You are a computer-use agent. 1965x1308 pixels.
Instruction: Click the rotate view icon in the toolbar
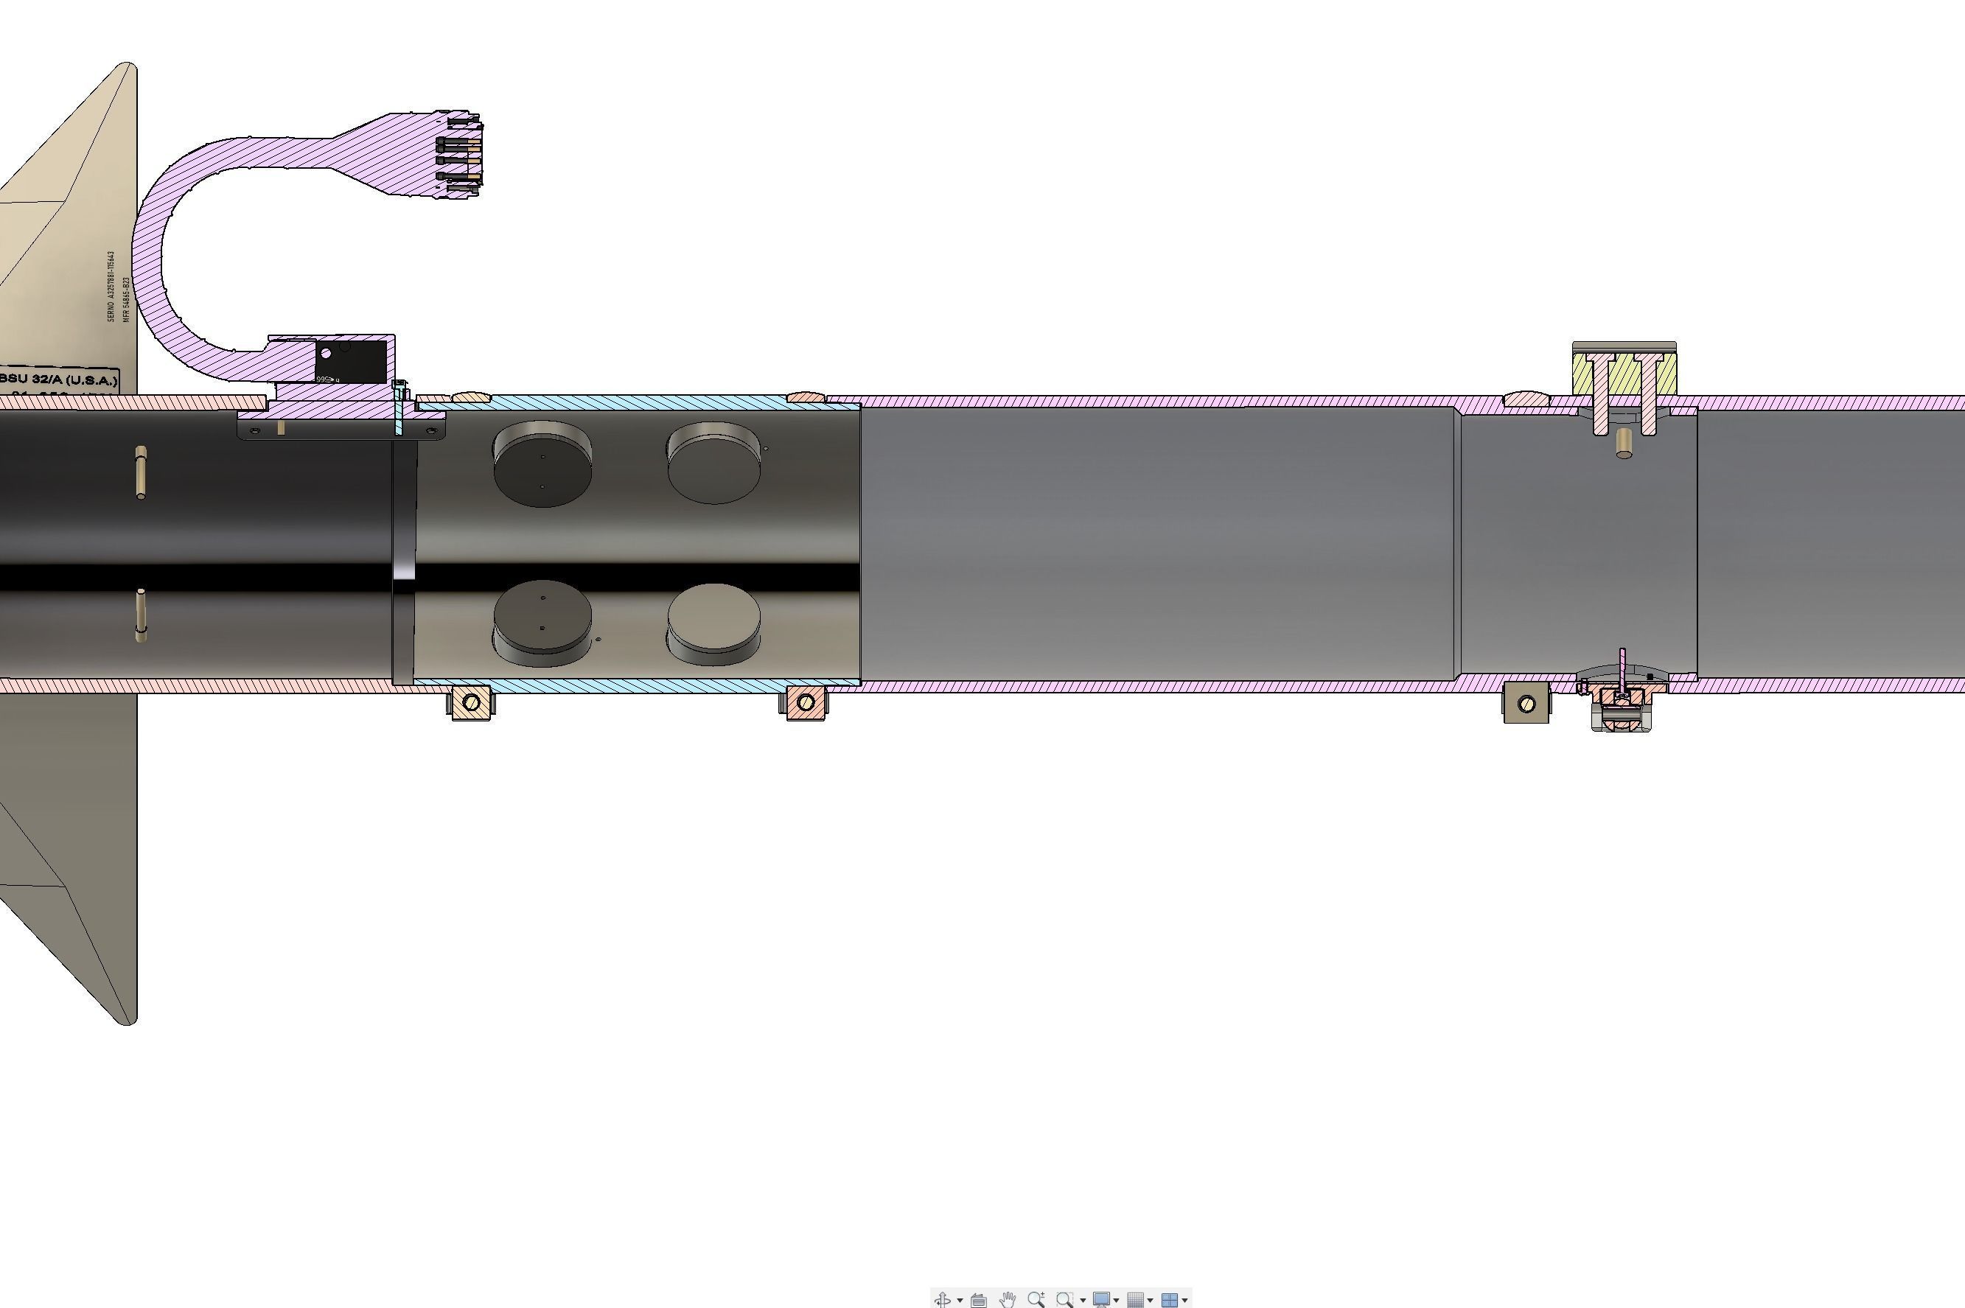pyautogui.click(x=943, y=1300)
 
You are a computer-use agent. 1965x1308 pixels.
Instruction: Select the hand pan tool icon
pyautogui.click(x=1007, y=1300)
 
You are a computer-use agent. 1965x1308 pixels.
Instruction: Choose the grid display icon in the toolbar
pyautogui.click(x=1136, y=1300)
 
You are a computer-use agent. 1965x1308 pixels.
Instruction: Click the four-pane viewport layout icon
pyautogui.click(x=1170, y=1300)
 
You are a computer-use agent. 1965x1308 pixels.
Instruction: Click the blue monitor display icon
pyautogui.click(x=1101, y=1300)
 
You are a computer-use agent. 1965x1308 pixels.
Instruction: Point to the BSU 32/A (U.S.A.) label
pyautogui.click(x=58, y=380)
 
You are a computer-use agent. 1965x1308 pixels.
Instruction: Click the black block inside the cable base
pyautogui.click(x=352, y=360)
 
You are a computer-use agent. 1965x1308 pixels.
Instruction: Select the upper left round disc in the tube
pyautogui.click(x=542, y=464)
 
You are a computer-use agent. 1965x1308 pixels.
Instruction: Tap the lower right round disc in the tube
pyautogui.click(x=714, y=620)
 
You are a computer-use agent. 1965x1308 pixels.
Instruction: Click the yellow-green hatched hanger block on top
pyautogui.click(x=1624, y=374)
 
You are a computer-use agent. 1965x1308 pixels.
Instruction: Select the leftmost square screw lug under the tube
pyautogui.click(x=470, y=702)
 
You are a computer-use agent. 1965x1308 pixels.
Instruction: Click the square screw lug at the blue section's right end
pyautogui.click(x=805, y=702)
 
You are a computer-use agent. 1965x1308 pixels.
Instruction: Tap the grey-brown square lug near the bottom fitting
pyautogui.click(x=1526, y=703)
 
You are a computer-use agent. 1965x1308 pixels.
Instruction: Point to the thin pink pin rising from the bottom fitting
pyautogui.click(x=1623, y=668)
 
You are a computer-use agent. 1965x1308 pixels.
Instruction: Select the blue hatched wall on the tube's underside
pyautogui.click(x=634, y=686)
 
